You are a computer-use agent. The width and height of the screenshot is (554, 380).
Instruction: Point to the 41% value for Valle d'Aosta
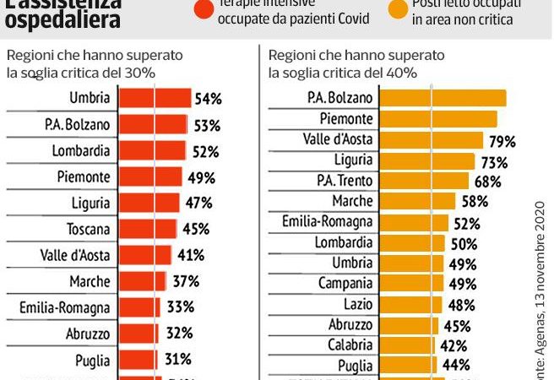[x=193, y=255]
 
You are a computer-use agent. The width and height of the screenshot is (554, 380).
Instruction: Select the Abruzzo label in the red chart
[x=88, y=334]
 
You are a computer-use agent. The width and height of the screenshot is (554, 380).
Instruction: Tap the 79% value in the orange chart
[x=500, y=139]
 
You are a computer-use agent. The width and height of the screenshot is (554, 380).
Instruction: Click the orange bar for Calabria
[x=405, y=345]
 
